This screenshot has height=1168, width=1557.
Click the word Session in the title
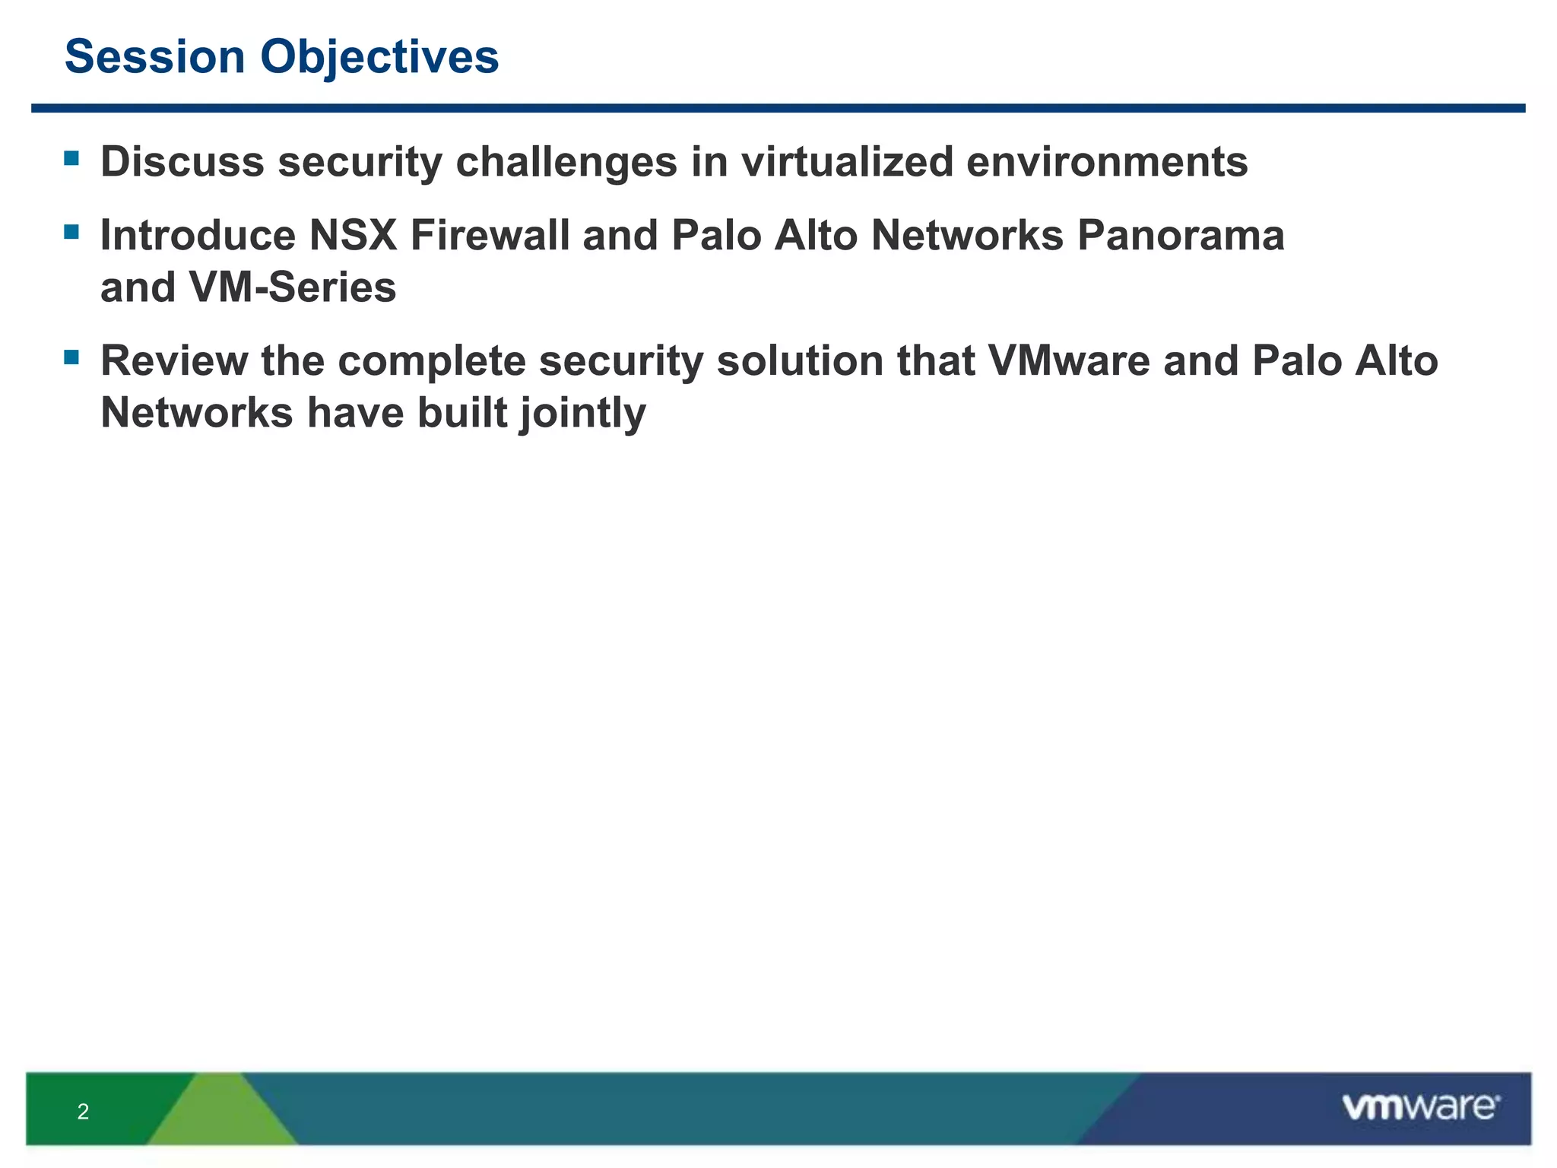155,57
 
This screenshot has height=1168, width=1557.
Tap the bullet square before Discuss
72,158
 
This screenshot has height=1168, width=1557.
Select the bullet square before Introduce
72,231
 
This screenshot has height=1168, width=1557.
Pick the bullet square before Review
72,357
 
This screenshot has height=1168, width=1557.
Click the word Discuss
182,162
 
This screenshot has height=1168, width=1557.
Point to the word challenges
566,163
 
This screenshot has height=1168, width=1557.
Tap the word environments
1107,162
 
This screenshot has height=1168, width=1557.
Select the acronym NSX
353,235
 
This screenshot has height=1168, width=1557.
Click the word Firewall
490,235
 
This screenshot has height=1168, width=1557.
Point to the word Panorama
1181,235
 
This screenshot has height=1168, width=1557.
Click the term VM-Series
293,287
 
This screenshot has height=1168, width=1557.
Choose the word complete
432,361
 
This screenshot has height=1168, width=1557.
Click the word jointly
582,413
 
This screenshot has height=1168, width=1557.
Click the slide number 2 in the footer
83,1112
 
